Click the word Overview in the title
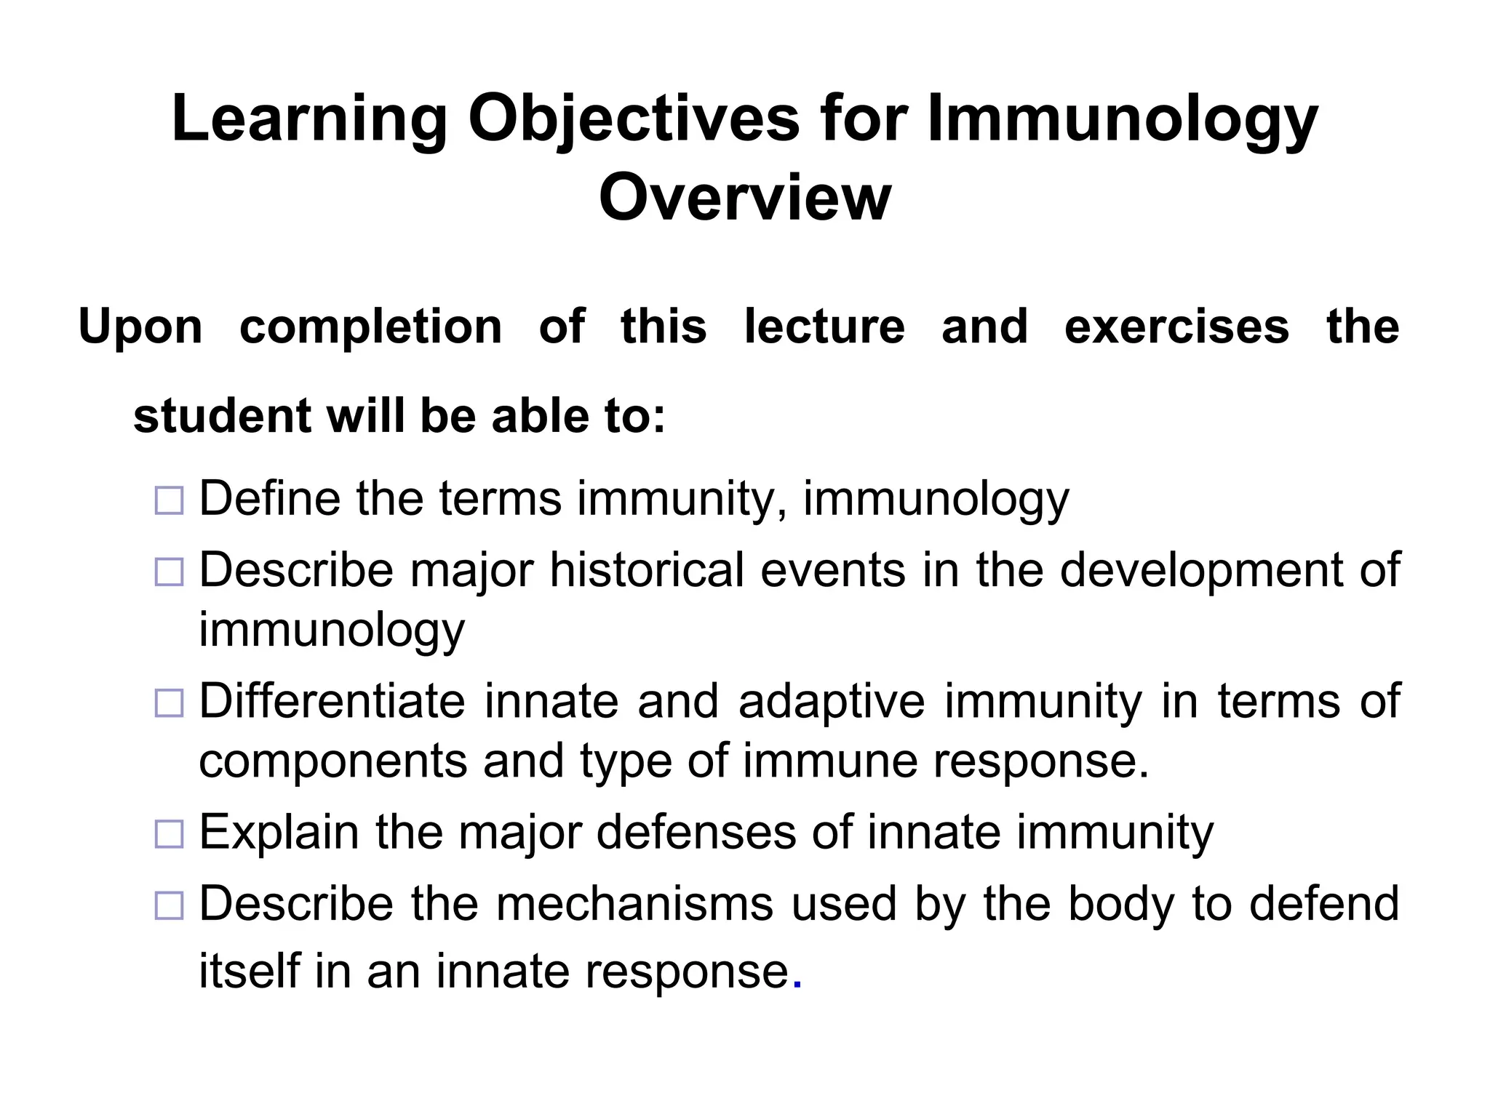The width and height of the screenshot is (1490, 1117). [744, 197]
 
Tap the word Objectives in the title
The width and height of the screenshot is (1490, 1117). [634, 119]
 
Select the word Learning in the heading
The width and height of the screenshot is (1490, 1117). [309, 119]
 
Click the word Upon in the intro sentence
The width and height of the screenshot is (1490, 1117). [140, 327]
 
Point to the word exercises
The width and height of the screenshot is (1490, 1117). [1176, 327]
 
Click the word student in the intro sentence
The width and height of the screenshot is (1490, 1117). [222, 416]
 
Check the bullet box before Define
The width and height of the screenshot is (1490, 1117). [169, 501]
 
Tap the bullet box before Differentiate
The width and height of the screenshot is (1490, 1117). [169, 703]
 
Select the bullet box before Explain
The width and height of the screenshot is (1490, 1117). [169, 834]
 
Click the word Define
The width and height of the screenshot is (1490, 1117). [269, 499]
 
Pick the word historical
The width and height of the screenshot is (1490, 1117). [647, 570]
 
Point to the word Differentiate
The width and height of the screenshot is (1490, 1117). [332, 701]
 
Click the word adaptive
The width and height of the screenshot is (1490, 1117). [832, 702]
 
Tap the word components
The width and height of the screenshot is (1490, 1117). [333, 761]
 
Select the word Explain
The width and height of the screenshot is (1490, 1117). [279, 832]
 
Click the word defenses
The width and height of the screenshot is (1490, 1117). [696, 832]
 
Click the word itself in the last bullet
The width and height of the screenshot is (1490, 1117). [250, 971]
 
